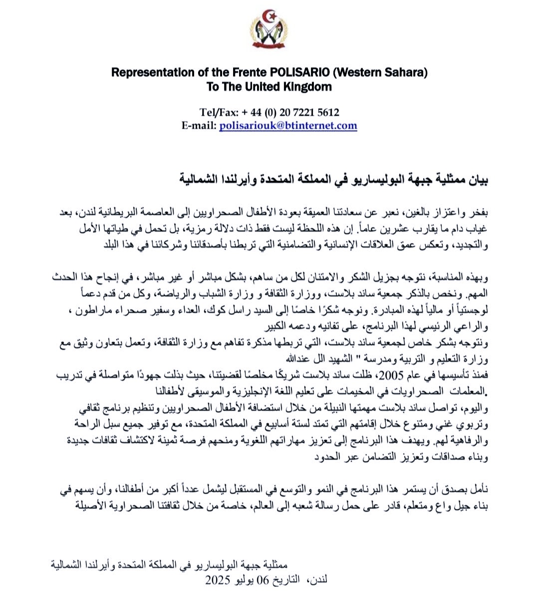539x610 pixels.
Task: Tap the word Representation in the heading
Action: click(x=154, y=72)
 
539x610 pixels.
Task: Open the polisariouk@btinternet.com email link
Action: click(x=288, y=126)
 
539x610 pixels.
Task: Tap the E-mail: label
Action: click(x=199, y=126)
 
